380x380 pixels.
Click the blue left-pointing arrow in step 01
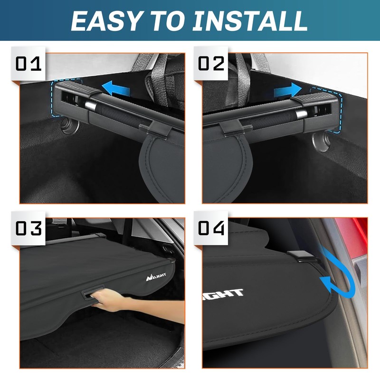[x=117, y=88]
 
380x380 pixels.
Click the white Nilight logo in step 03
[x=154, y=276]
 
